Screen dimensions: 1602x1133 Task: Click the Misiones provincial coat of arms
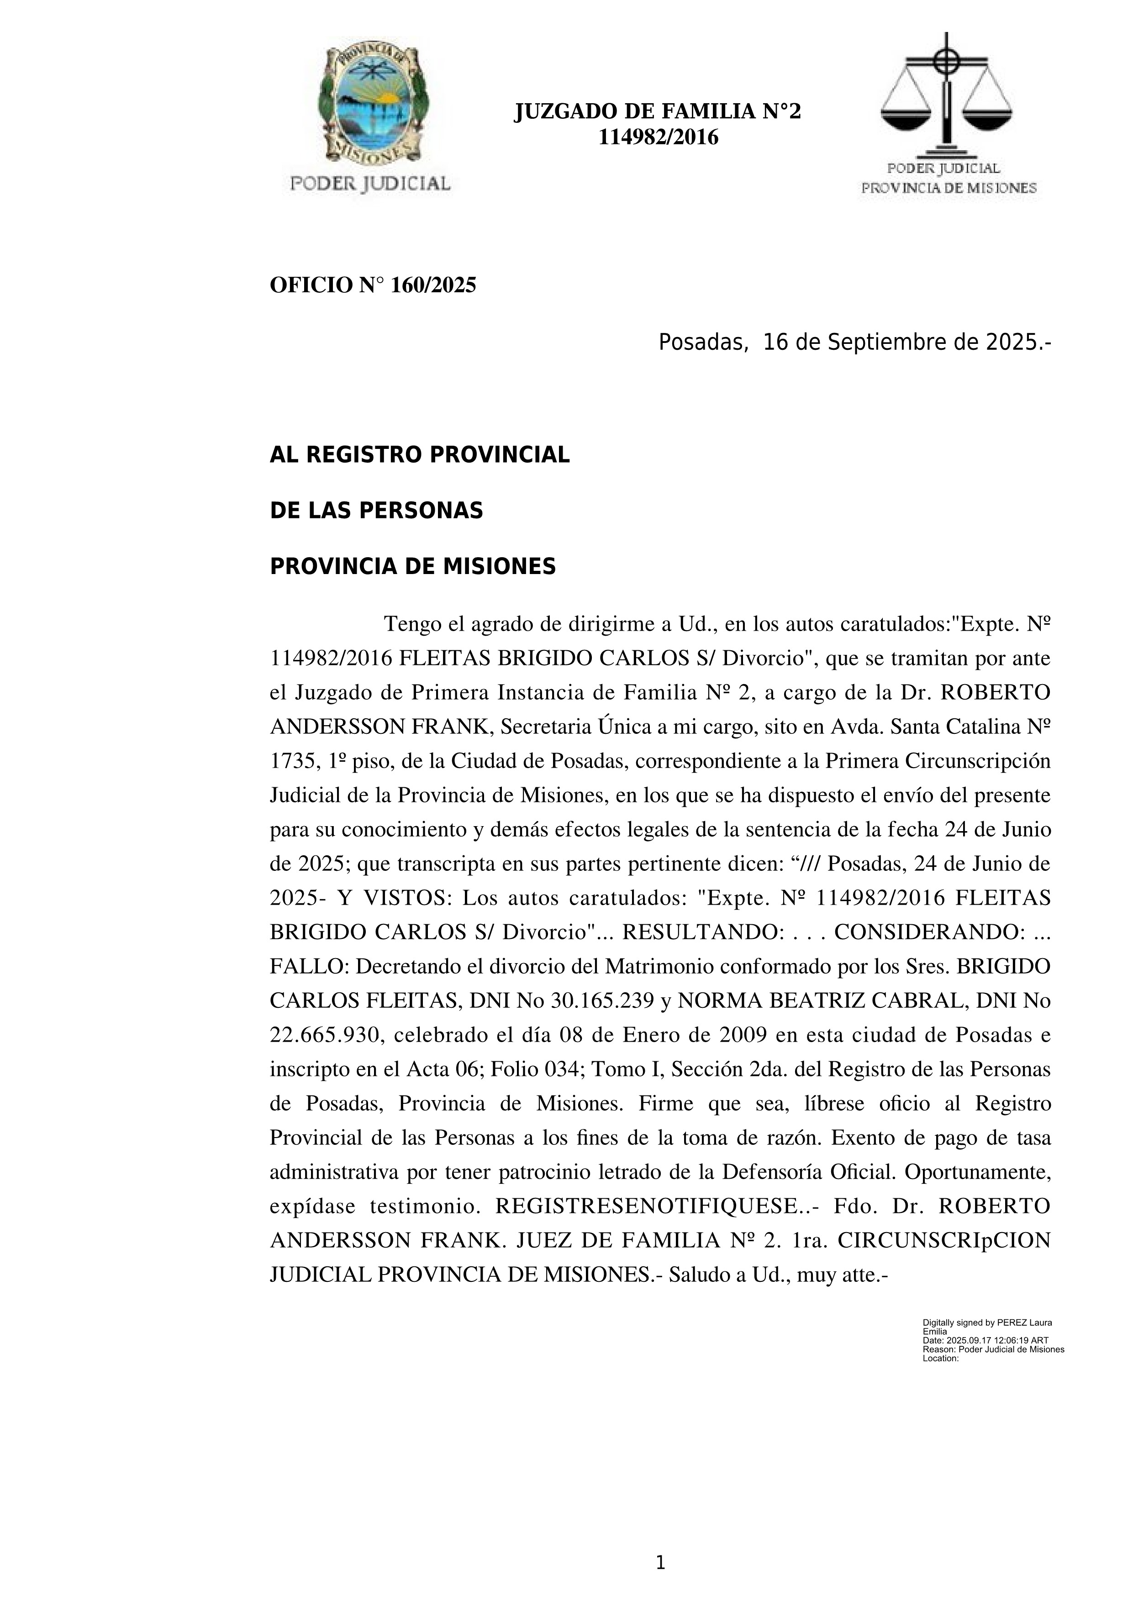pyautogui.click(x=370, y=105)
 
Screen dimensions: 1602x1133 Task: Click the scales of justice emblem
pyautogui.click(x=946, y=94)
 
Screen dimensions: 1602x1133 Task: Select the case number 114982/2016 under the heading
pyautogui.click(x=658, y=137)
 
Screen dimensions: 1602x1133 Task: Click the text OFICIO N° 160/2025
pyautogui.click(x=373, y=285)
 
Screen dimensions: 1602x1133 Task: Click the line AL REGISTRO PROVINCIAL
pyautogui.click(x=419, y=455)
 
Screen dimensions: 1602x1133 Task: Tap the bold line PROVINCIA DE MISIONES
pyautogui.click(x=412, y=567)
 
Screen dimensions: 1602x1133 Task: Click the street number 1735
pyautogui.click(x=290, y=761)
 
